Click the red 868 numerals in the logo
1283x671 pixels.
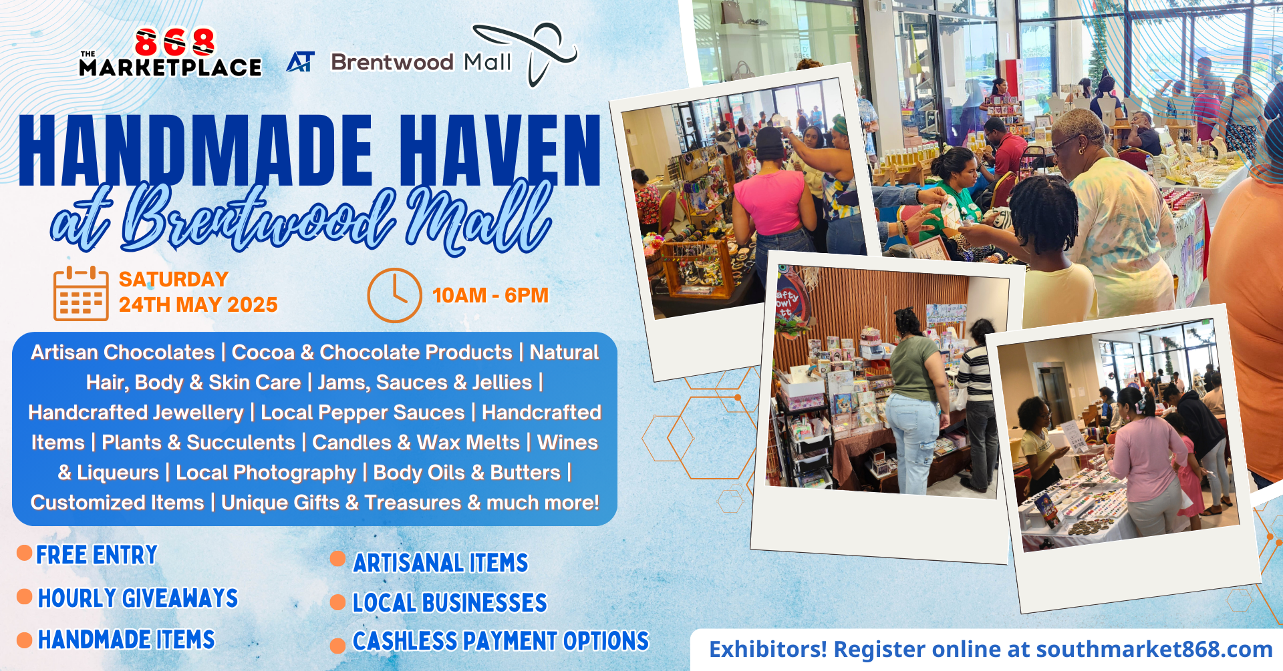click(175, 42)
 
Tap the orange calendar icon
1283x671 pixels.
click(81, 293)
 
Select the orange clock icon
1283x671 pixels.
click(394, 295)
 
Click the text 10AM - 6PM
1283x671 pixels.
click(490, 295)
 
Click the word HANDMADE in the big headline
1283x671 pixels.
click(196, 150)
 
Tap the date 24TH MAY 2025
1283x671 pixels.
click(198, 304)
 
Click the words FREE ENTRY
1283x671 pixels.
click(97, 555)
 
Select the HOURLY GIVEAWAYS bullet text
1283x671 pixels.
click(138, 598)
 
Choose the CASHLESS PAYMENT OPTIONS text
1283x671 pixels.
click(501, 641)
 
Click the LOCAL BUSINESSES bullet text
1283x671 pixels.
click(450, 603)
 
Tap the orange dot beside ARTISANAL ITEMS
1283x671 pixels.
click(338, 559)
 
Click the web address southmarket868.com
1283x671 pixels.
click(1154, 649)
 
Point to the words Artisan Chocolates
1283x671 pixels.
click(123, 352)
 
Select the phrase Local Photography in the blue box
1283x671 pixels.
click(266, 473)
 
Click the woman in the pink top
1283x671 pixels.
click(775, 200)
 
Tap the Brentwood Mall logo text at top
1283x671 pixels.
click(421, 62)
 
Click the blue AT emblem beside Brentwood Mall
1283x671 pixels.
click(300, 62)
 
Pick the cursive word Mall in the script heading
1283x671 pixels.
click(478, 217)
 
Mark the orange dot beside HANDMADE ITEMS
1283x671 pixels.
click(25, 640)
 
